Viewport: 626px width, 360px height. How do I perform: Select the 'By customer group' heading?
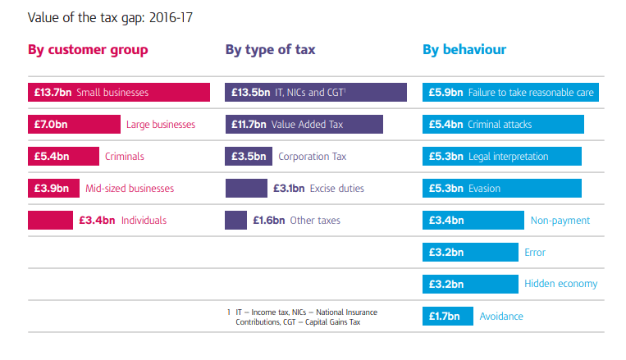pos(88,50)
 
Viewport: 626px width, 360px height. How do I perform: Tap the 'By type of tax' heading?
pos(270,50)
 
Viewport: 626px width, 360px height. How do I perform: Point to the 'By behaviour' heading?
pos(464,50)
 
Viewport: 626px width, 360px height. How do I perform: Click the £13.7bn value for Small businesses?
pos(50,93)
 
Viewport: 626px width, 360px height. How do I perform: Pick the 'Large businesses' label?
pos(161,125)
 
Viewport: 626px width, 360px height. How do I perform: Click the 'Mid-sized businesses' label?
pos(130,188)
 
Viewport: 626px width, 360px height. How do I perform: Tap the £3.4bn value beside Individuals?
pos(97,220)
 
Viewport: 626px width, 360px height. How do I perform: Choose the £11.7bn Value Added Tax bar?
pos(304,125)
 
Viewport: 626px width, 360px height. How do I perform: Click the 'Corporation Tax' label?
pos(312,156)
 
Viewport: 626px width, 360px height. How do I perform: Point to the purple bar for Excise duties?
pos(245,188)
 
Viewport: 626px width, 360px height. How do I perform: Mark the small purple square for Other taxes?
pos(235,220)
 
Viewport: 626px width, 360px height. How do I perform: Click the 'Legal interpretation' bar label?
pos(508,156)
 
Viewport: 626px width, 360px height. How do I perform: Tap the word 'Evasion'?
pos(484,188)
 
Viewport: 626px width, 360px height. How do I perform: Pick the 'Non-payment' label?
pos(560,220)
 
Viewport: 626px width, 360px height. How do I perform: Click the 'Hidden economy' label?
pos(560,284)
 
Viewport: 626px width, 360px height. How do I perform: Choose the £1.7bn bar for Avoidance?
pos(447,316)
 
